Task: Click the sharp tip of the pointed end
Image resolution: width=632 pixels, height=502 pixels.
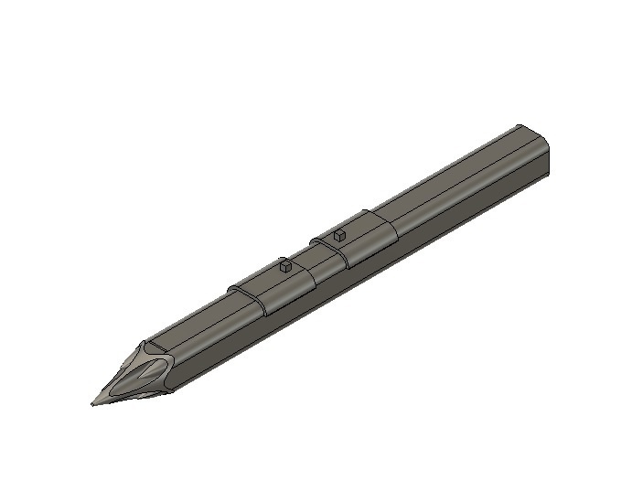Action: point(92,403)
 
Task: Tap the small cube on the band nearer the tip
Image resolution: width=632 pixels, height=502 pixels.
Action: point(285,267)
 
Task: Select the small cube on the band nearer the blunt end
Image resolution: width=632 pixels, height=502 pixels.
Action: point(339,235)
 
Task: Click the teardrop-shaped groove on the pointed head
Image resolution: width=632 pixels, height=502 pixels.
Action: point(146,375)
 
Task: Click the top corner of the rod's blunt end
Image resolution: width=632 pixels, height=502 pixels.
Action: point(519,125)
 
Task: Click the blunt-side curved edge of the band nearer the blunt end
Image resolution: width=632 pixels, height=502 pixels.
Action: point(389,227)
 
